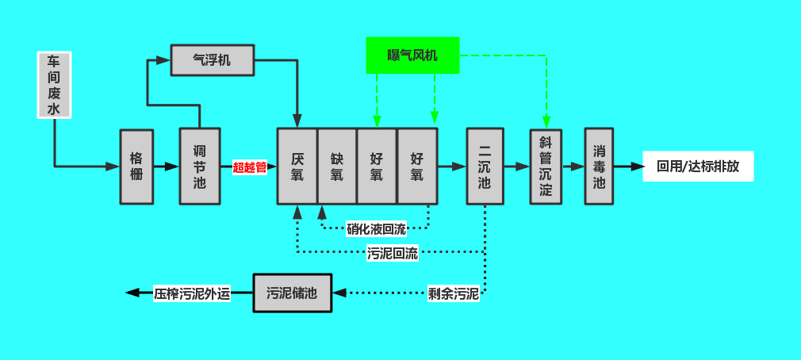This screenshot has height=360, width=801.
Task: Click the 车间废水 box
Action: point(55,85)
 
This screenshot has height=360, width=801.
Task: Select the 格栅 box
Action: point(136,167)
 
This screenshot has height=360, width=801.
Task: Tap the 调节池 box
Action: point(199,167)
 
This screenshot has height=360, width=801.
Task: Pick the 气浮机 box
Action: point(212,60)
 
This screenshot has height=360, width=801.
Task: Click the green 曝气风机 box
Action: point(412,56)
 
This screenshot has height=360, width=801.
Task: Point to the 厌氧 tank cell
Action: point(297,167)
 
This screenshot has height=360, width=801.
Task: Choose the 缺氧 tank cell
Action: point(337,167)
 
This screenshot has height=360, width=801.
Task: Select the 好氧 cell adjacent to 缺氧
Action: point(377,167)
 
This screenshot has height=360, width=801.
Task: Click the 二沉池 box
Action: point(485,167)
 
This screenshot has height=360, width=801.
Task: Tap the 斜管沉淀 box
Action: point(546,167)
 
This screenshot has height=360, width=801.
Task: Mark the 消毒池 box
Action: point(600,167)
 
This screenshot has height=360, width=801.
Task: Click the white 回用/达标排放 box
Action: point(698,167)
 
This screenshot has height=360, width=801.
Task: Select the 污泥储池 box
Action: point(292,293)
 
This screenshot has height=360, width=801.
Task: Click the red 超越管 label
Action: point(249,167)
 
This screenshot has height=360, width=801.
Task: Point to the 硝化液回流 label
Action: point(376,229)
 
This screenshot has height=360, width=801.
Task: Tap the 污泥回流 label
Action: point(393,254)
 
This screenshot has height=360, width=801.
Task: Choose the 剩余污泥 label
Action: point(454,294)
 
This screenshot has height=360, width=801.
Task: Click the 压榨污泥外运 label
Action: point(192,293)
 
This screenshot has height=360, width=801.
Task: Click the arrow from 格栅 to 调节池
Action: point(167,167)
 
